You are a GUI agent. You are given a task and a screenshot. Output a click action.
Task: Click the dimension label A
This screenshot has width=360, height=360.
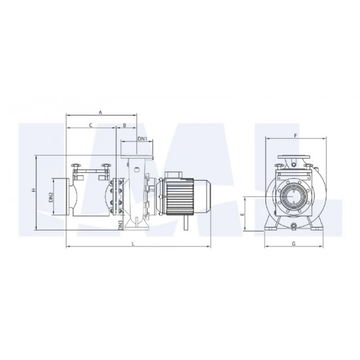pos(100,113)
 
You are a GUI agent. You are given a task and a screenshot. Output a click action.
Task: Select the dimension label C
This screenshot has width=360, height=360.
pos(91,125)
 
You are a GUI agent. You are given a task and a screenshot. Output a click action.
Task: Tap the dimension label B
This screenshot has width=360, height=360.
pos(124,125)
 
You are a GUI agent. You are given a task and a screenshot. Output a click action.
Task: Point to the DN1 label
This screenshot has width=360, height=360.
pos(142,139)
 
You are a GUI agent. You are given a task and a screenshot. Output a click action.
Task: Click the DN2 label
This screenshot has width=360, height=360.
pos(51,197)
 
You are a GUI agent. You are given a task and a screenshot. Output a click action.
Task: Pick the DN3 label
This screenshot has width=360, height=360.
pos(120,225)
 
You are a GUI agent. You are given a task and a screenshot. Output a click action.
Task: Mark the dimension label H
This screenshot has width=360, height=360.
pos(33,190)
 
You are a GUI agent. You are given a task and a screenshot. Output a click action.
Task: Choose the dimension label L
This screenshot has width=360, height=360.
pos(133,244)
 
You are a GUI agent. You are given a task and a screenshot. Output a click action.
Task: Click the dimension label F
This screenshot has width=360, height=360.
pos(296,136)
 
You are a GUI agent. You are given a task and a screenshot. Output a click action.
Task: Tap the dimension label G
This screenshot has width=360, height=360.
pos(294,244)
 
